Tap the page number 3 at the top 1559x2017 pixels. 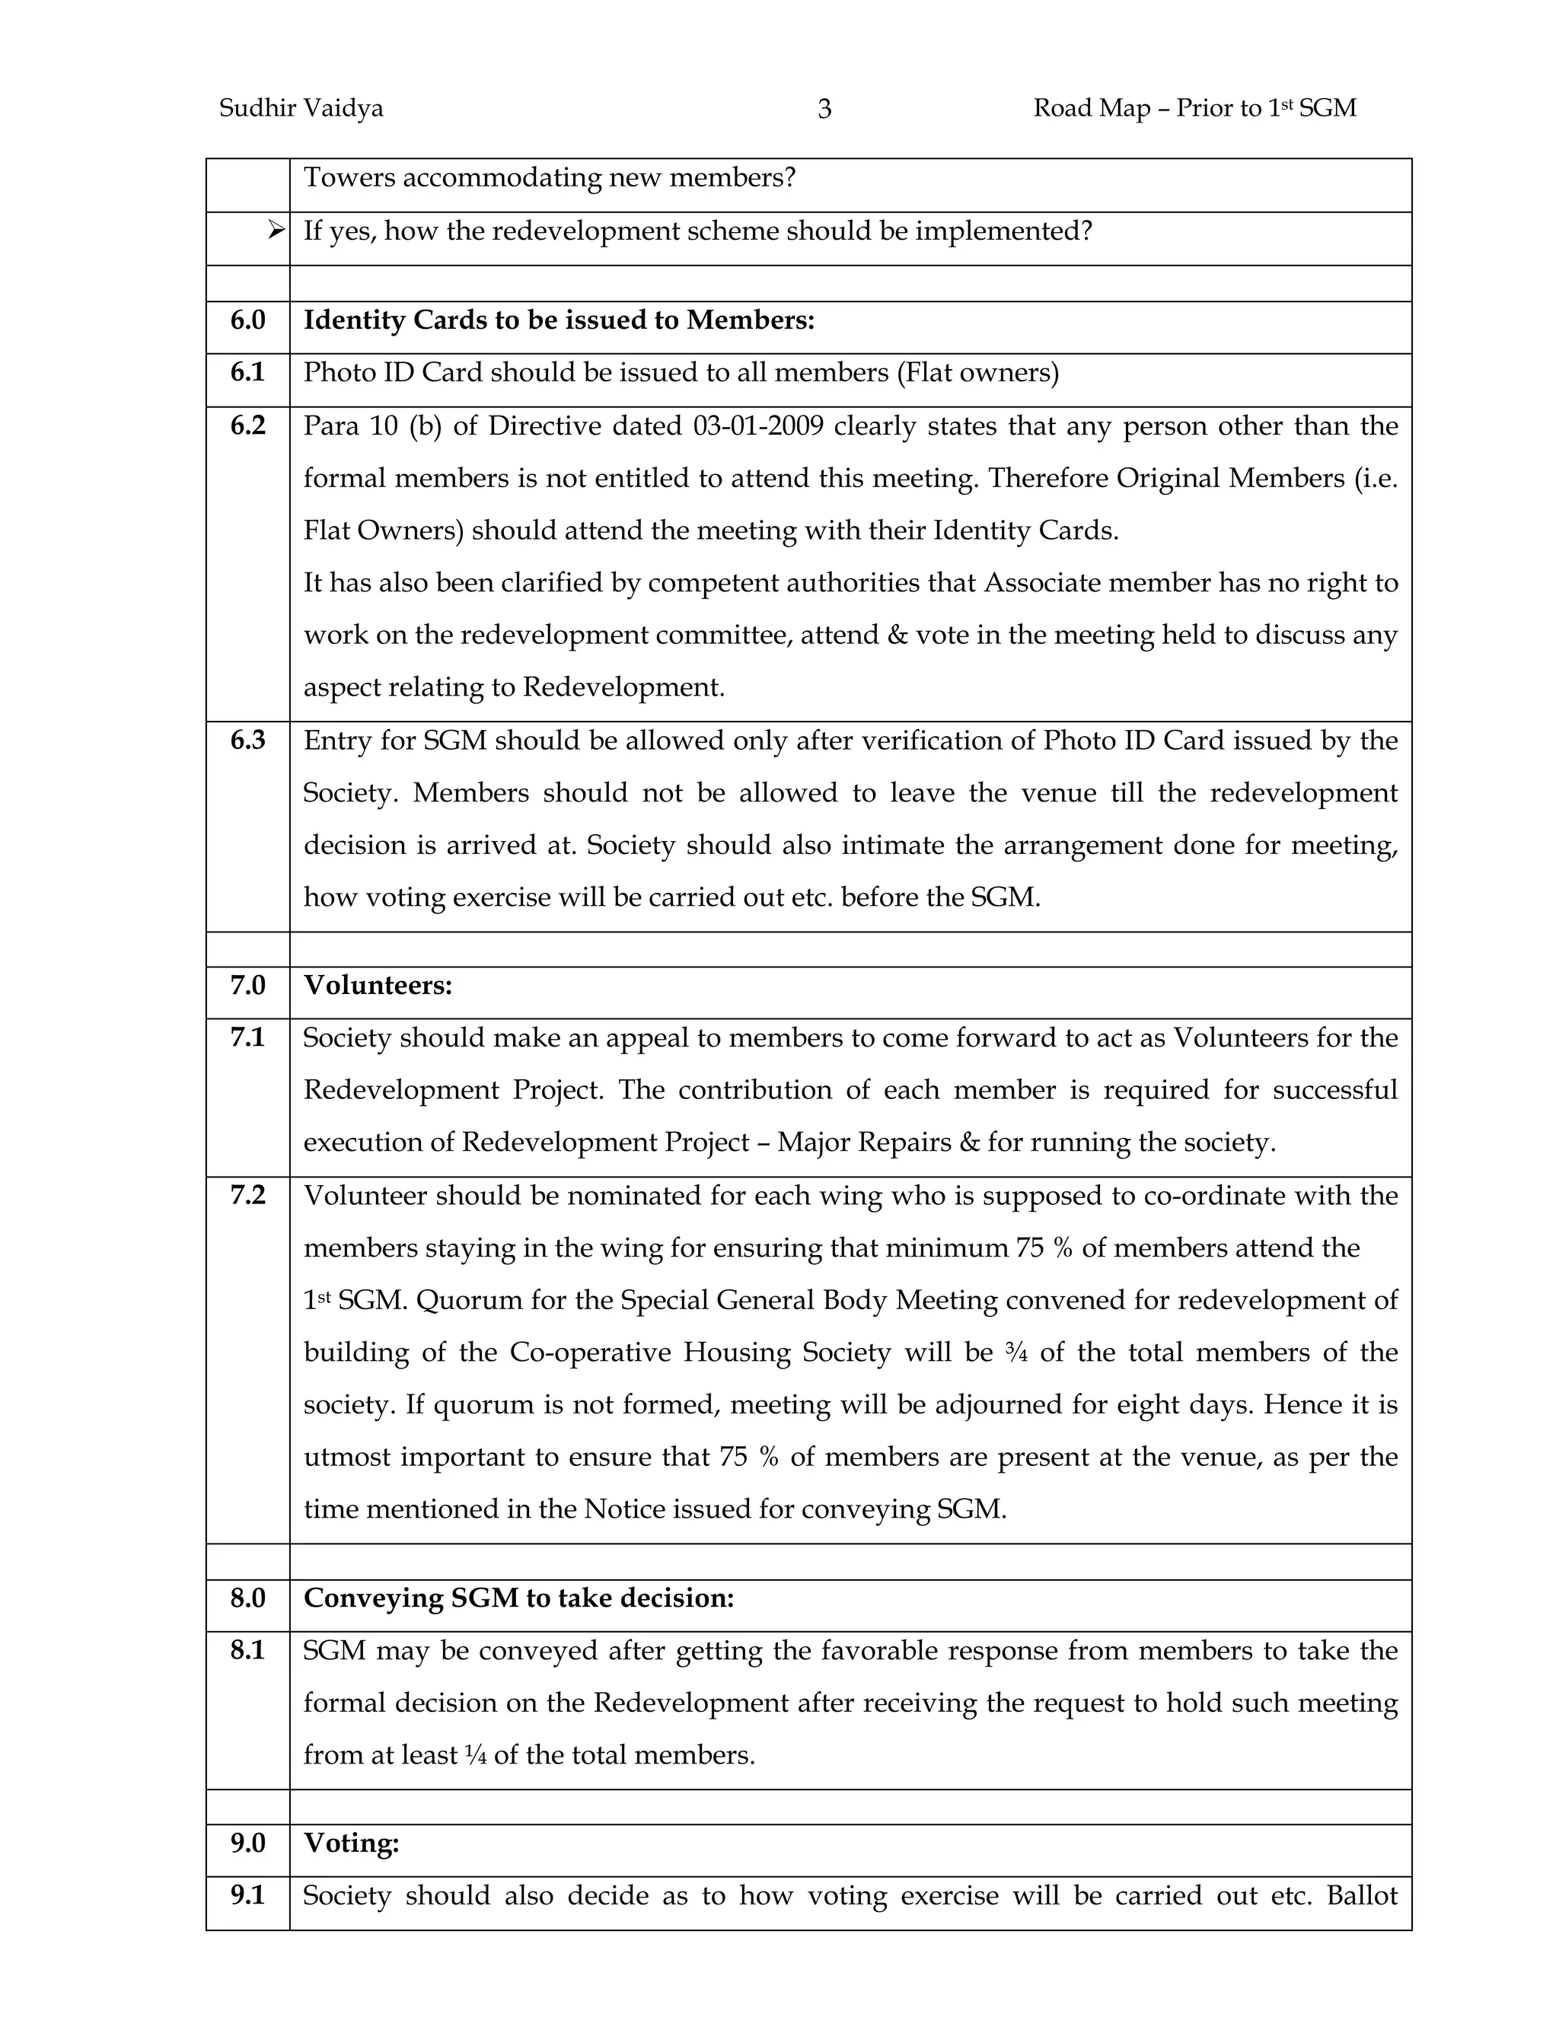[x=824, y=110]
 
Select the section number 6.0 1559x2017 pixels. [x=247, y=320]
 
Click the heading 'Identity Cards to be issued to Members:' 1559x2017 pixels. [x=559, y=320]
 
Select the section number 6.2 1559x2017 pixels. [x=247, y=425]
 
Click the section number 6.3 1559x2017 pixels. [x=247, y=740]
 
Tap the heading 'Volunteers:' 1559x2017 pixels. [x=378, y=986]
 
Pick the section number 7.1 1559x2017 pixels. [x=247, y=1038]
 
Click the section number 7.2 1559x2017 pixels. [x=247, y=1195]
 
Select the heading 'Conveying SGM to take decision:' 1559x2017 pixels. [x=518, y=1598]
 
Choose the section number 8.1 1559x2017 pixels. [x=247, y=1650]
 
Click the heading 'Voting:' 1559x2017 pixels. [x=351, y=1843]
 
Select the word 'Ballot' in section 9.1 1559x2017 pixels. [x=1361, y=1896]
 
